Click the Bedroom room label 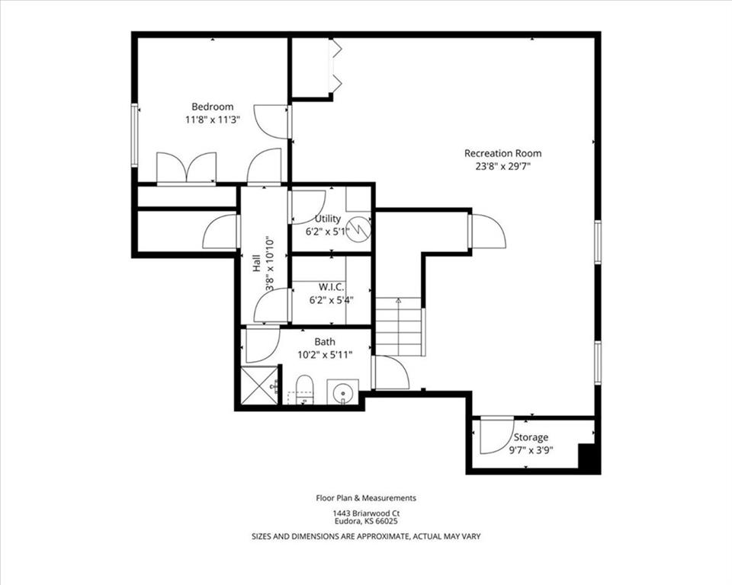coord(213,107)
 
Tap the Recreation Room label coord(502,153)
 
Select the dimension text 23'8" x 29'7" coord(503,166)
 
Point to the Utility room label coord(328,219)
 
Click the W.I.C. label coord(332,286)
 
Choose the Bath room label coord(325,341)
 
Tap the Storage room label coord(531,437)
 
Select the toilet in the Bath coord(305,389)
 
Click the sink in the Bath coord(342,392)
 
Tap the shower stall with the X coord(259,385)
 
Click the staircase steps coord(399,327)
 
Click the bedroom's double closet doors coord(186,167)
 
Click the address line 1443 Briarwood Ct coord(366,513)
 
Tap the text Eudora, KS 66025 coord(366,521)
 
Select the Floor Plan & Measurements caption coord(366,497)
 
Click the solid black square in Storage coord(587,456)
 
